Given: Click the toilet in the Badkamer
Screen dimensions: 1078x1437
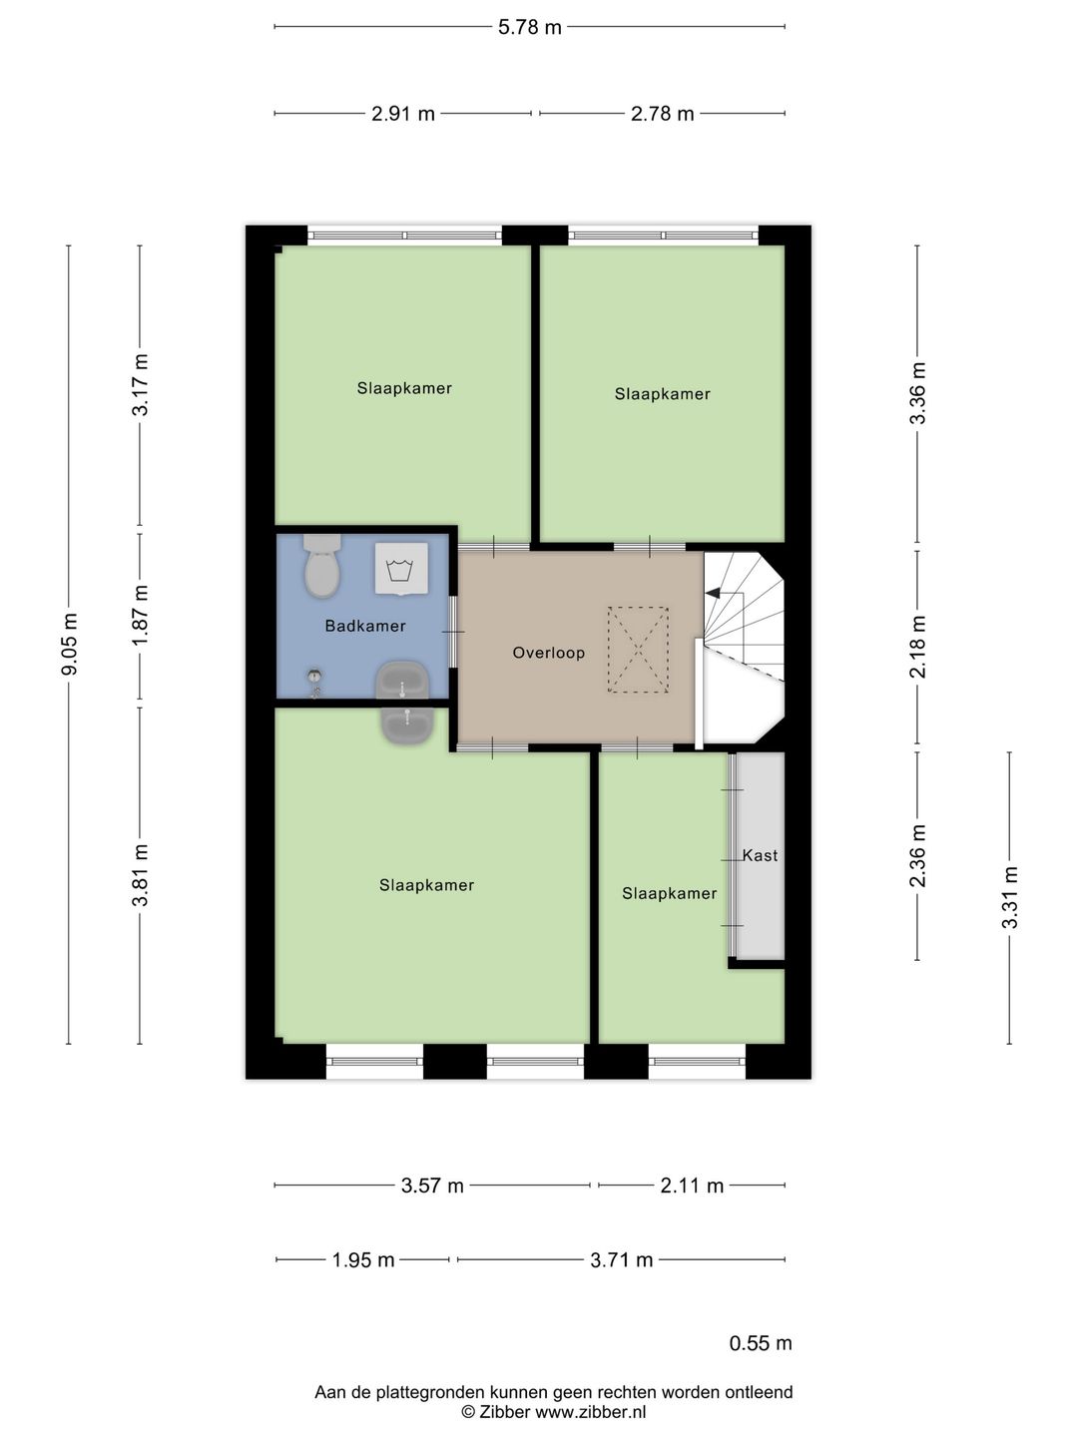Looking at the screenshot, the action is click(x=322, y=566).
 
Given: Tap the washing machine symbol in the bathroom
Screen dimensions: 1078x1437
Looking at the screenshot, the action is click(x=401, y=569).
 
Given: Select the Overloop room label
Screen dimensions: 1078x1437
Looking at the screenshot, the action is click(x=549, y=653).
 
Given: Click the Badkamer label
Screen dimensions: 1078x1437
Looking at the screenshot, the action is click(x=365, y=626).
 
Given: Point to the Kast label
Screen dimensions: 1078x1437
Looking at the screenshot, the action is click(x=760, y=855).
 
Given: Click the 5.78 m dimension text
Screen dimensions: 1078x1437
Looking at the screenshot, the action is click(x=529, y=27).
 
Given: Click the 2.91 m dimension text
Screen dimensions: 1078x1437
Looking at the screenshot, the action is click(x=403, y=114).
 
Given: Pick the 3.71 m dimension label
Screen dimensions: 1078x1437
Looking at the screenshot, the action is click(x=621, y=1260).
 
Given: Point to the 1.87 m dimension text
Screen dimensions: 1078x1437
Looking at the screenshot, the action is click(x=140, y=615).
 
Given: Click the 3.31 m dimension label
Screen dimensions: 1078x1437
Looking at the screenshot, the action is click(x=1010, y=897).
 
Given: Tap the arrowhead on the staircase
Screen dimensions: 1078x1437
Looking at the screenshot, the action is click(x=712, y=593).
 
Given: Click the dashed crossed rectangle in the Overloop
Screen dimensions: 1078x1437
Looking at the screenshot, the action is click(x=638, y=650).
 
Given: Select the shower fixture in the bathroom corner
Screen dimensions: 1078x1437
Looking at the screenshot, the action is click(x=315, y=683).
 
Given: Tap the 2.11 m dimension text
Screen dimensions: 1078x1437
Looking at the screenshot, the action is click(x=692, y=1186).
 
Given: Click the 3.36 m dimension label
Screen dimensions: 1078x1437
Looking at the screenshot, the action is click(x=917, y=393).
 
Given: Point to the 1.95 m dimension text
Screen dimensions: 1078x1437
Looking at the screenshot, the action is click(x=363, y=1260).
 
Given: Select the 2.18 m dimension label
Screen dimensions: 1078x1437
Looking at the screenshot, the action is click(x=917, y=647).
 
